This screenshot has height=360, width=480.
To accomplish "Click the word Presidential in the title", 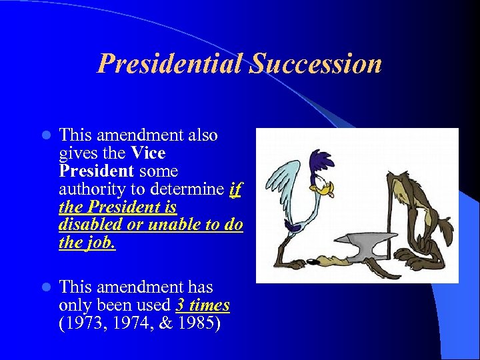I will pyautogui.click(x=171, y=64).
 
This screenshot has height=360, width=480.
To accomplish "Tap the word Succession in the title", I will pyautogui.click(x=316, y=64).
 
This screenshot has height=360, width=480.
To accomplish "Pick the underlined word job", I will pyautogui.click(x=101, y=243).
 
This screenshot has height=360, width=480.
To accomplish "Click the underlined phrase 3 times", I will pyautogui.click(x=203, y=305).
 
